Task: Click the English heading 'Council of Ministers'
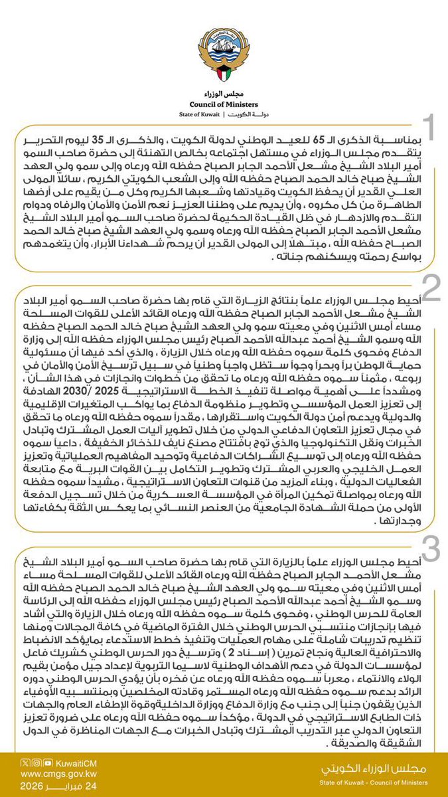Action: coord(224,104)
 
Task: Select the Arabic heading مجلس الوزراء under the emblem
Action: coord(224,94)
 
